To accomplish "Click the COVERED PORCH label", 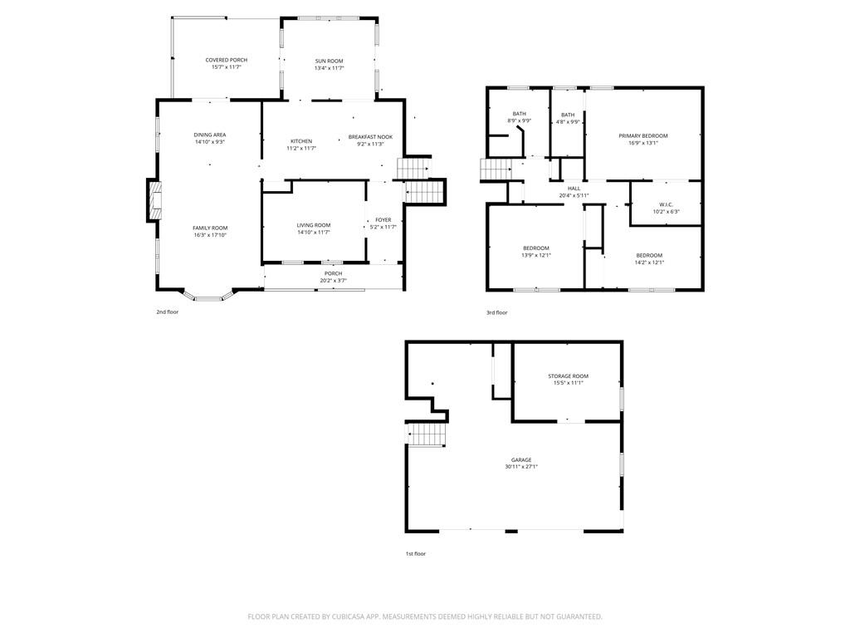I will pyautogui.click(x=226, y=60).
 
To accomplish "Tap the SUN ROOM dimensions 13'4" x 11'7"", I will pyautogui.click(x=329, y=68).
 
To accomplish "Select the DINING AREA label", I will pyautogui.click(x=209, y=135).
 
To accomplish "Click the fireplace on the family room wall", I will pyautogui.click(x=154, y=200).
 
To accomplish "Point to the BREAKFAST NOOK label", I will pyautogui.click(x=370, y=136).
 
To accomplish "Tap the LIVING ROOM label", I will pyautogui.click(x=314, y=225).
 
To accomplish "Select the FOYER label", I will pyautogui.click(x=383, y=219).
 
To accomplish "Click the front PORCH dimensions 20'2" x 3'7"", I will pyautogui.click(x=333, y=281).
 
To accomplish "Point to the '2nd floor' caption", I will pyautogui.click(x=167, y=312).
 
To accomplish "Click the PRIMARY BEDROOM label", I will pyautogui.click(x=642, y=135).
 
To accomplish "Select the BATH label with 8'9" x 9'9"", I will pyautogui.click(x=519, y=114).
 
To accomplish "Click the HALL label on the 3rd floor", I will pyautogui.click(x=574, y=189).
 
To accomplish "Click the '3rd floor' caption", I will pyautogui.click(x=496, y=312).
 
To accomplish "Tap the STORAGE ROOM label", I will pyautogui.click(x=568, y=376).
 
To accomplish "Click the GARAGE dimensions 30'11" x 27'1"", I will pyautogui.click(x=521, y=467).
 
